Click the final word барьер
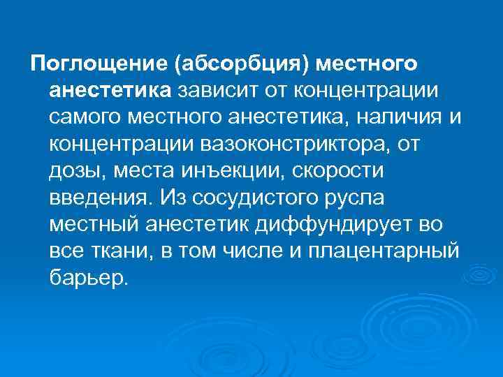click(x=89, y=279)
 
